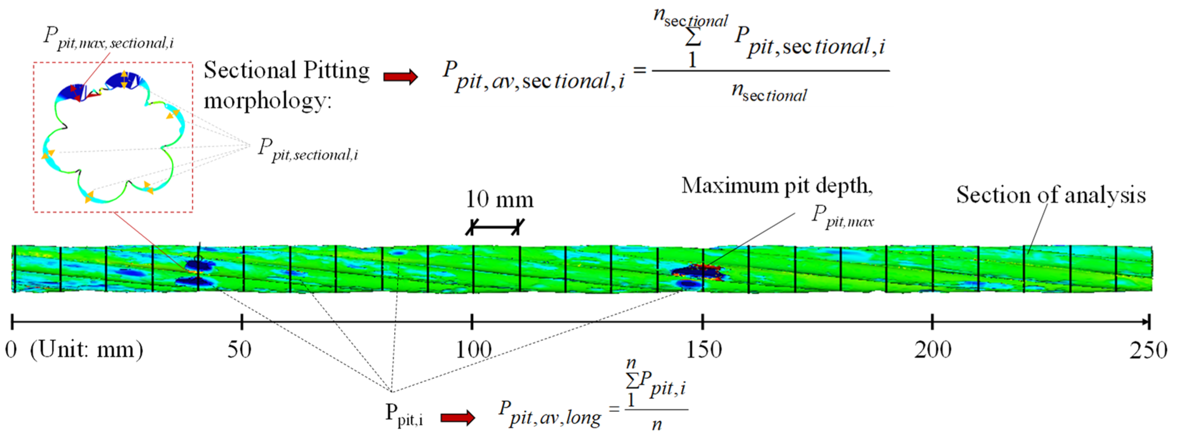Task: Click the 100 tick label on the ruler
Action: [x=473, y=351]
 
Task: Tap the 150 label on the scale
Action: [x=703, y=351]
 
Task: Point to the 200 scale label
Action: [x=932, y=351]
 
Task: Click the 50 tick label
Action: [x=239, y=351]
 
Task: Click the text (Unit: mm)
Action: [x=86, y=351]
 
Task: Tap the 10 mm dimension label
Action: [x=499, y=200]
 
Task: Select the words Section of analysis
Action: [x=1050, y=196]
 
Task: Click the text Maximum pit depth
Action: [x=777, y=186]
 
